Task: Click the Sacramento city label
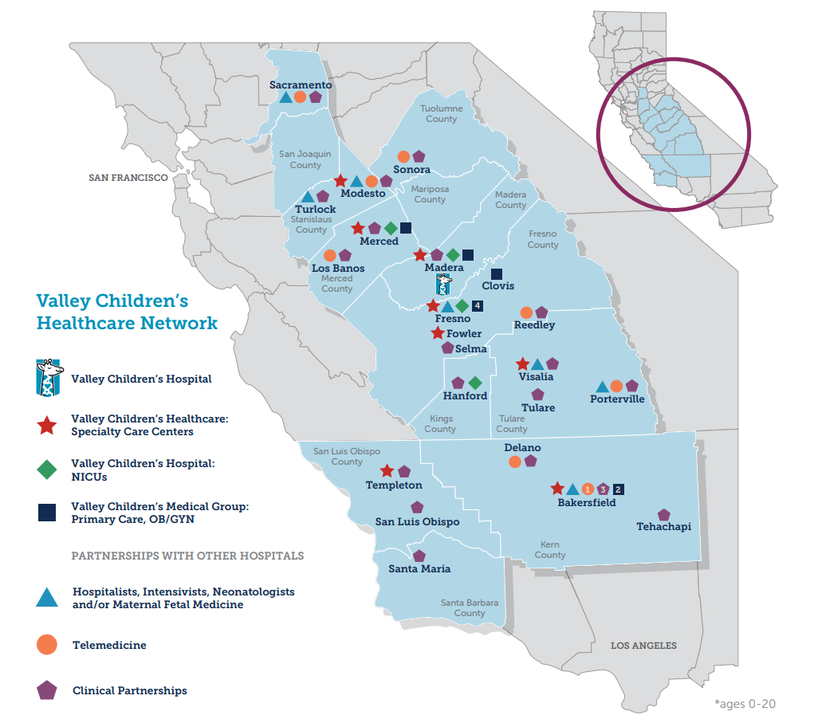[301, 84]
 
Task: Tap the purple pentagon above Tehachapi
[664, 515]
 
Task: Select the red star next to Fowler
[437, 333]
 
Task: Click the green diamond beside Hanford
[475, 383]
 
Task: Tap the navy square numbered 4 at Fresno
[477, 306]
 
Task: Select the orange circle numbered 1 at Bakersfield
[588, 489]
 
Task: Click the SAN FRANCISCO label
[128, 178]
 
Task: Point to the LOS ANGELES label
[643, 646]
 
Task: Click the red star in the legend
[47, 426]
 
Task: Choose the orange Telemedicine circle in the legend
[47, 645]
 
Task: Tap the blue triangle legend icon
[47, 598]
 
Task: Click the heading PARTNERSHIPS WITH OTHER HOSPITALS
[187, 556]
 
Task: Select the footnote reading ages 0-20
[745, 704]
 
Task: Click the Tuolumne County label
[441, 114]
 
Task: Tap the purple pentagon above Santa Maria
[419, 556]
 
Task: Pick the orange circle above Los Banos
[329, 256]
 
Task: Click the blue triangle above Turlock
[308, 196]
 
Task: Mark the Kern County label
[550, 550]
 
